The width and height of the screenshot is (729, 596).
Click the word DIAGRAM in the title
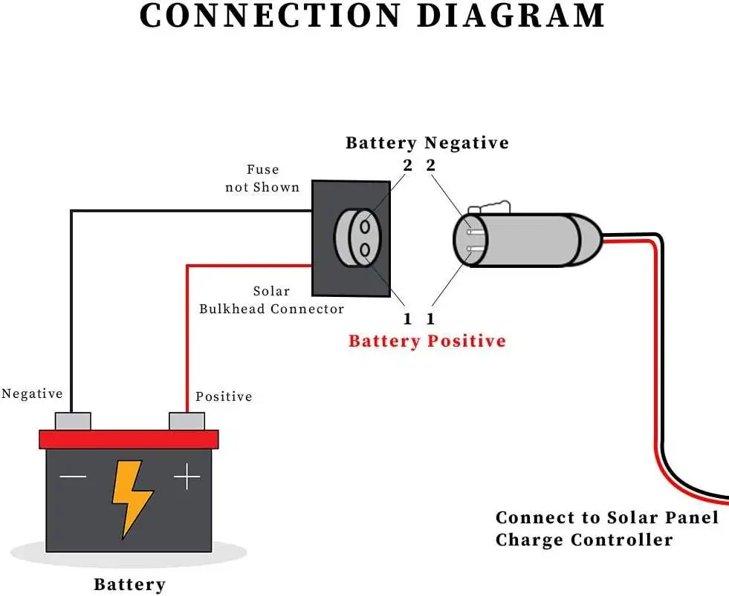pyautogui.click(x=511, y=16)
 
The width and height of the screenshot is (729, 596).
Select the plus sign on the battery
pyautogui.click(x=187, y=477)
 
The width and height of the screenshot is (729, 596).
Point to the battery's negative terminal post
pyautogui.click(x=73, y=421)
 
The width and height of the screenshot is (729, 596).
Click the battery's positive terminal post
pyautogui.click(x=187, y=421)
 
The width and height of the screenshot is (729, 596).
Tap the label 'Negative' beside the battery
pyautogui.click(x=32, y=393)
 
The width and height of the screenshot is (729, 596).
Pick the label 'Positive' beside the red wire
pyautogui.click(x=224, y=396)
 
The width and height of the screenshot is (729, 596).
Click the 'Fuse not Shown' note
pyautogui.click(x=262, y=178)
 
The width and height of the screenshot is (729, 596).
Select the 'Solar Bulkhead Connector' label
pyautogui.click(x=271, y=300)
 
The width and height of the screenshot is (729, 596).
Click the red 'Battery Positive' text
pyautogui.click(x=427, y=341)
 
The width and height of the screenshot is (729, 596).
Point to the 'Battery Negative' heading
pyautogui.click(x=427, y=143)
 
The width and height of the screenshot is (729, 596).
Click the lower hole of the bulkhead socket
pyautogui.click(x=365, y=250)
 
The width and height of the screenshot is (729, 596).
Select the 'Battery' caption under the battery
pyautogui.click(x=129, y=584)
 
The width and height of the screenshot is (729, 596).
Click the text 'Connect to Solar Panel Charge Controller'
pyautogui.click(x=606, y=528)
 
